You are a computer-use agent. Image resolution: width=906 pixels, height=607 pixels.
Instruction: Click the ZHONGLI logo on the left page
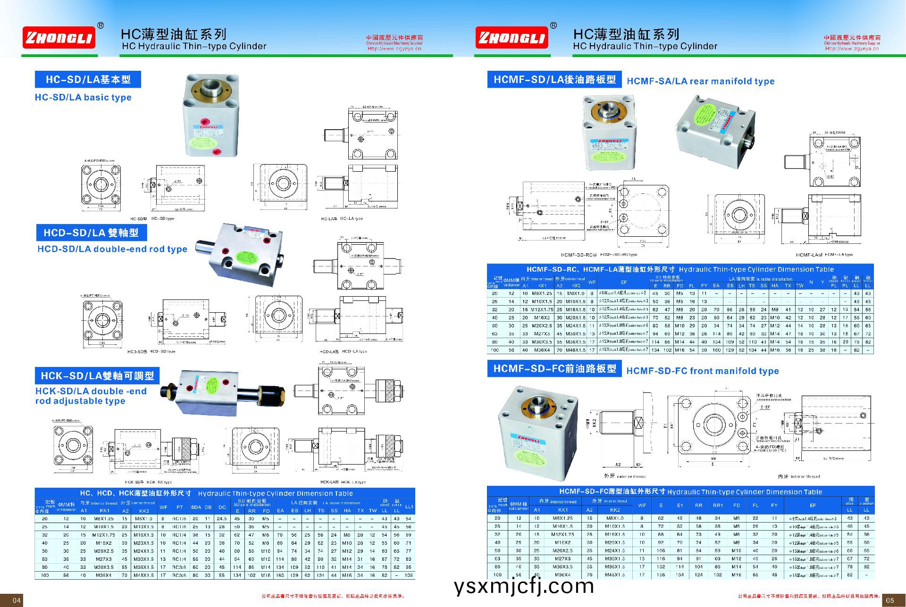(59, 37)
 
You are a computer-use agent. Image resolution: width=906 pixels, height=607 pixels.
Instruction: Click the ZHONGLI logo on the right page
(512, 37)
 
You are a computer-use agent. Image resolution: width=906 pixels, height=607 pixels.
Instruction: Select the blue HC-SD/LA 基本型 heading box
(88, 79)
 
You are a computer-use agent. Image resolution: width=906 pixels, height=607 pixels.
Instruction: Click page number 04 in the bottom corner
(17, 600)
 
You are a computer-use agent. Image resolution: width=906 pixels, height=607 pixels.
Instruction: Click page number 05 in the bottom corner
(889, 600)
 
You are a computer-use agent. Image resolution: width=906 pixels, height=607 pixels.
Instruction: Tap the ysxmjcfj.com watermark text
(523, 586)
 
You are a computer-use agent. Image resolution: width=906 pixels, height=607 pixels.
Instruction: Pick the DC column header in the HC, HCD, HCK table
(222, 507)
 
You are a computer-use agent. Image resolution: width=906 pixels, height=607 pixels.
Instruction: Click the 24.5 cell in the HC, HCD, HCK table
(222, 518)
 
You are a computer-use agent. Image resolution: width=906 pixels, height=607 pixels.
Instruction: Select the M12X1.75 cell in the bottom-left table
(104, 535)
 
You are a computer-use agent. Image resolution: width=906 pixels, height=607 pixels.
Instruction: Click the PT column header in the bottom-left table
(179, 507)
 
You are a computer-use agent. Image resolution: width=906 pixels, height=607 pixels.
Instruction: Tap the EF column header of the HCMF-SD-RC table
(623, 283)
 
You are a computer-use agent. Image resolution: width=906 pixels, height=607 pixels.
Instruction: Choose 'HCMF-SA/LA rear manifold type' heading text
(700, 81)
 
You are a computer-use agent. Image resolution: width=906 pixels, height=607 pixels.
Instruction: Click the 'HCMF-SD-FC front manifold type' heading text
(702, 371)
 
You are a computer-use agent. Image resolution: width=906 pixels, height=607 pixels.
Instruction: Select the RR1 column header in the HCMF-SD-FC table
(717, 505)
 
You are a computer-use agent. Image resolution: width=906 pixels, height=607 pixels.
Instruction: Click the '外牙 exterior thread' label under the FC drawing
(624, 476)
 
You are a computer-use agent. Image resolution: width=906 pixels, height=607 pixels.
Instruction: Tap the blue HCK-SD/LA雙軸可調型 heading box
(97, 376)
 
